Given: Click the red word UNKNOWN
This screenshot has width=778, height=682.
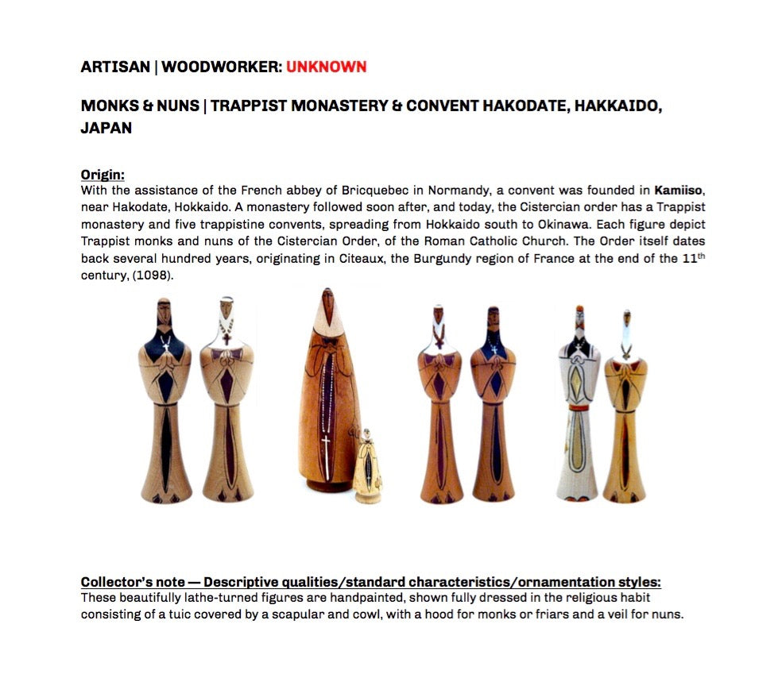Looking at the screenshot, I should pyautogui.click(x=326, y=67).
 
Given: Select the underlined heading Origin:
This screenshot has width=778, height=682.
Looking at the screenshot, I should pyautogui.click(x=103, y=175).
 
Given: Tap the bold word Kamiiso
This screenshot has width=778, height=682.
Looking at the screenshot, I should pyautogui.click(x=679, y=191).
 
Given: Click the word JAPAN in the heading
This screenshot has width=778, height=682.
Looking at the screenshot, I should pyautogui.click(x=106, y=128).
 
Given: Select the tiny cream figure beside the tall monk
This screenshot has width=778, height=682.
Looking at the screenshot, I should pyautogui.click(x=367, y=468).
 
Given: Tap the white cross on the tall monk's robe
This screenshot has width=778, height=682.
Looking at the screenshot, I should pyautogui.click(x=326, y=441).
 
